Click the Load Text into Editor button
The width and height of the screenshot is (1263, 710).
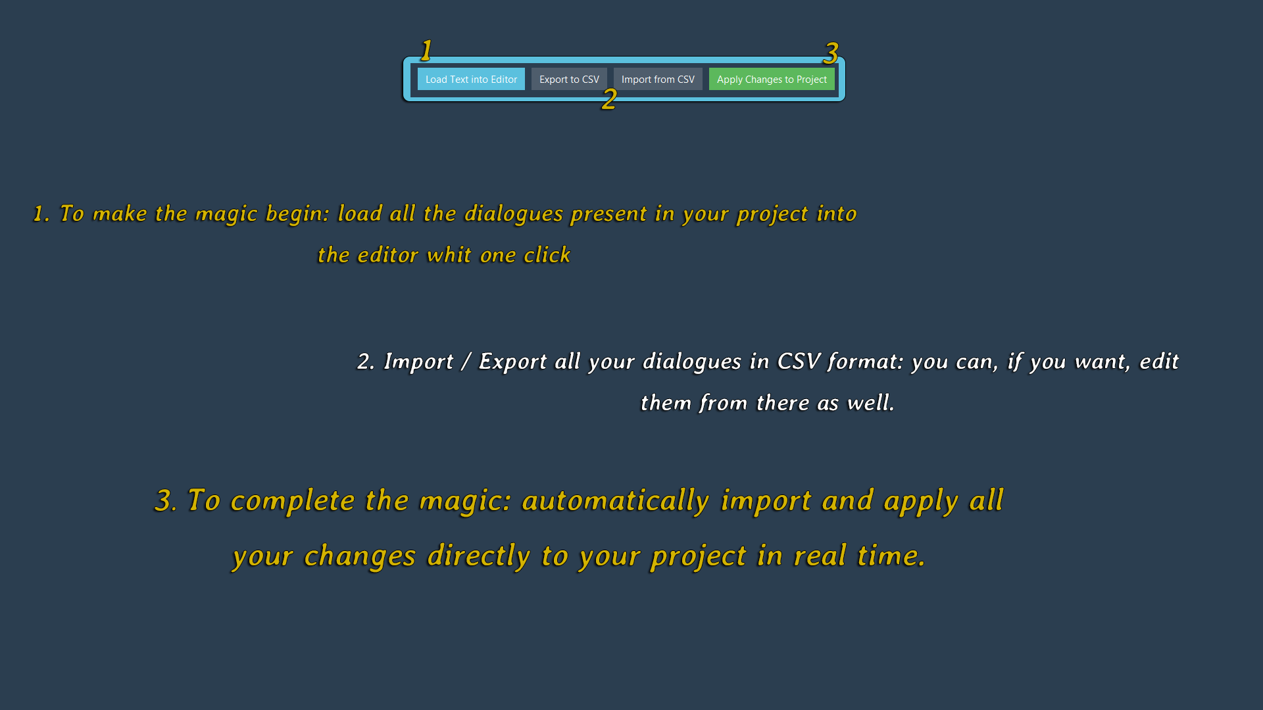(x=471, y=79)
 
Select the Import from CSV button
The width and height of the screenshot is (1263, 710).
(x=658, y=79)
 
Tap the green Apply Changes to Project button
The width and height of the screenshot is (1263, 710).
(x=772, y=79)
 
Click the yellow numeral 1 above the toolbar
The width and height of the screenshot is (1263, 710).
(x=426, y=51)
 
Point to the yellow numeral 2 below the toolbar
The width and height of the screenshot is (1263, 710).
(x=609, y=99)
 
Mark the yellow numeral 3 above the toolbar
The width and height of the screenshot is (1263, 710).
(x=831, y=53)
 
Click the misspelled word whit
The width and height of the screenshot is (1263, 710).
(x=449, y=255)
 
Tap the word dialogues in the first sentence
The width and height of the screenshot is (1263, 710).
(x=514, y=214)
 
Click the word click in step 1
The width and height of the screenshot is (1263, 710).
(x=547, y=255)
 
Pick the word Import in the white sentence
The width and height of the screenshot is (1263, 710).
(x=419, y=362)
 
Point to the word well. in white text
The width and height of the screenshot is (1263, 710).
(x=871, y=402)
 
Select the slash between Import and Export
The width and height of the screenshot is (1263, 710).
(x=466, y=362)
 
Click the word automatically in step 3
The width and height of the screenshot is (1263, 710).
(x=616, y=501)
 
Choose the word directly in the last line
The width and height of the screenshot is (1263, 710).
(x=479, y=557)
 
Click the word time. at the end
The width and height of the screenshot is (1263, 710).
(x=891, y=556)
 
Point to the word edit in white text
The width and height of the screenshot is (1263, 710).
(x=1159, y=362)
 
